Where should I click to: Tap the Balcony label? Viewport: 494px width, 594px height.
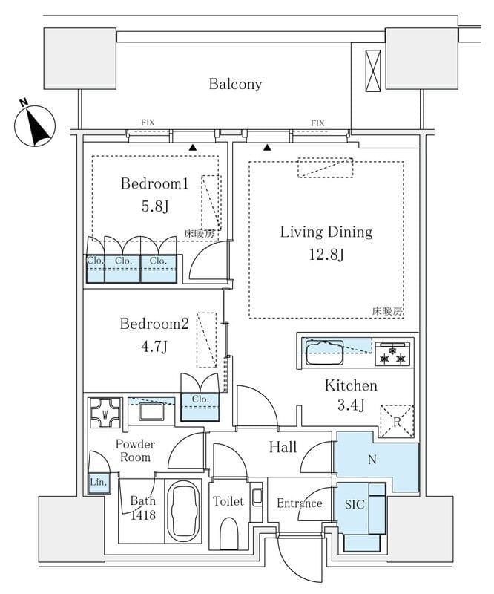pyautogui.click(x=235, y=84)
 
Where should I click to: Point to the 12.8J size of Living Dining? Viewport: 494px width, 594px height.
pyautogui.click(x=326, y=255)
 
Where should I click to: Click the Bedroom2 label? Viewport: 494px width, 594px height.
pyautogui.click(x=155, y=324)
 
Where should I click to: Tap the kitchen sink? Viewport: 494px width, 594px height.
pyautogui.click(x=324, y=352)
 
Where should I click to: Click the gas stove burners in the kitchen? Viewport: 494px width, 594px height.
pyautogui.click(x=392, y=354)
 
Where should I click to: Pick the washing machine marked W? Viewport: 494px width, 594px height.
pyautogui.click(x=105, y=414)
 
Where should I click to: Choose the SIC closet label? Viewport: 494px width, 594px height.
pyautogui.click(x=355, y=504)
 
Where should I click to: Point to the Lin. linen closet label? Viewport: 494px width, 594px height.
pyautogui.click(x=99, y=483)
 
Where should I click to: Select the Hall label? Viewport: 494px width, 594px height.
pyautogui.click(x=283, y=447)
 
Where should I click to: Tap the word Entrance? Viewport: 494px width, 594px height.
pyautogui.click(x=300, y=503)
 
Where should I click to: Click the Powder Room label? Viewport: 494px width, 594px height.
pyautogui.click(x=135, y=451)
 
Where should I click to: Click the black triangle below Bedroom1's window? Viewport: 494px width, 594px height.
pyautogui.click(x=193, y=148)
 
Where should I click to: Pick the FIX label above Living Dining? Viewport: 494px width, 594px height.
pyautogui.click(x=317, y=123)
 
